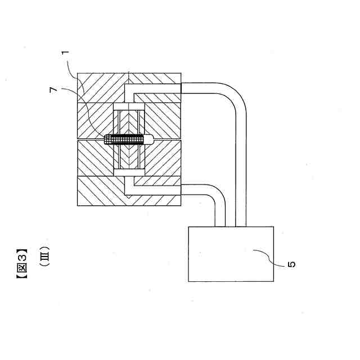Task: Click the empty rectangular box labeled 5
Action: (x=231, y=253)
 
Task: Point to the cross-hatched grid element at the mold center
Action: (x=127, y=139)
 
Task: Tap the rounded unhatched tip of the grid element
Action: (x=148, y=139)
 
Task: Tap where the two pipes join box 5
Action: (x=231, y=227)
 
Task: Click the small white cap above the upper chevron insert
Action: (x=129, y=107)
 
